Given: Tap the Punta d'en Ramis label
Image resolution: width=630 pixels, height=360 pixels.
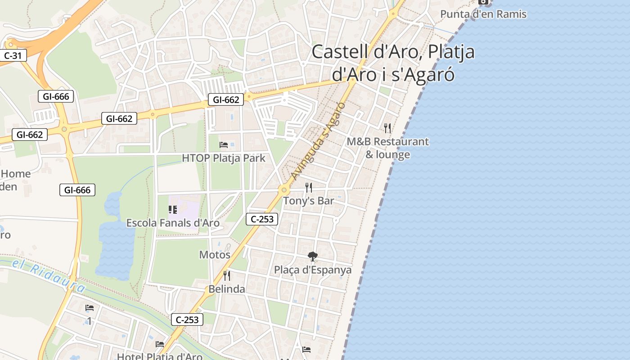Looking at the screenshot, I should pyautogui.click(x=483, y=14).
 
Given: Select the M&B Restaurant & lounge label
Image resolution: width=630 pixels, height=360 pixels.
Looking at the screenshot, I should pyautogui.click(x=387, y=148).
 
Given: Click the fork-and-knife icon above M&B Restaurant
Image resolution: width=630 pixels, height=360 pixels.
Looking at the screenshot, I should pyautogui.click(x=387, y=128).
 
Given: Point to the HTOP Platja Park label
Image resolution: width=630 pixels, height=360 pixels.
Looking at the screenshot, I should pyautogui.click(x=224, y=158).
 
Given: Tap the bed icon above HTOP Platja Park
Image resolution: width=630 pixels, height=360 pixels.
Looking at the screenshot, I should pyautogui.click(x=224, y=145).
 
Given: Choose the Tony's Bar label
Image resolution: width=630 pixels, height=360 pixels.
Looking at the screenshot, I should pyautogui.click(x=308, y=201).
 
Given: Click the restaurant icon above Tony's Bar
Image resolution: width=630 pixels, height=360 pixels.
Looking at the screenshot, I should pyautogui.click(x=308, y=187).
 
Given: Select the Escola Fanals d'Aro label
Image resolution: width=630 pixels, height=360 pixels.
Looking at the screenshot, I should pyautogui.click(x=173, y=223).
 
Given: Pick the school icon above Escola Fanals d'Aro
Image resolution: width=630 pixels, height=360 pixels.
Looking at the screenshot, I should pyautogui.click(x=173, y=209).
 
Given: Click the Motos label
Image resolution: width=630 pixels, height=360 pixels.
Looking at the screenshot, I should pyautogui.click(x=215, y=255).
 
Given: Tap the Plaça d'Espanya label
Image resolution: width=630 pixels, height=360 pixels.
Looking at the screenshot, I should pyautogui.click(x=313, y=270).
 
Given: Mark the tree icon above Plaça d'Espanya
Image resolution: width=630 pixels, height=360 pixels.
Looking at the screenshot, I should pyautogui.click(x=312, y=256).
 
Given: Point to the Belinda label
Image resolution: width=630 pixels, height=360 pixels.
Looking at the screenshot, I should pyautogui.click(x=227, y=289).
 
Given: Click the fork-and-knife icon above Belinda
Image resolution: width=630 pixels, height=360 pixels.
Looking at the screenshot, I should pyautogui.click(x=227, y=275).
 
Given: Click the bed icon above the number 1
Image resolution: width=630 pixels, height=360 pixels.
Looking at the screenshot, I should pyautogui.click(x=90, y=308).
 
